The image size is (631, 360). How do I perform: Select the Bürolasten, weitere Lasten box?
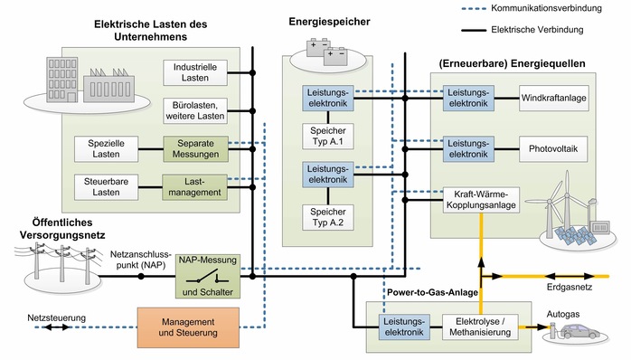click(x=194, y=112)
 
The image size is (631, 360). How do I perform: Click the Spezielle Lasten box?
click(x=107, y=149)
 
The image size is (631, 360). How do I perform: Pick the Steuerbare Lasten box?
click(x=107, y=186)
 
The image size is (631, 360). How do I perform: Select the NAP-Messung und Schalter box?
click(x=208, y=276)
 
